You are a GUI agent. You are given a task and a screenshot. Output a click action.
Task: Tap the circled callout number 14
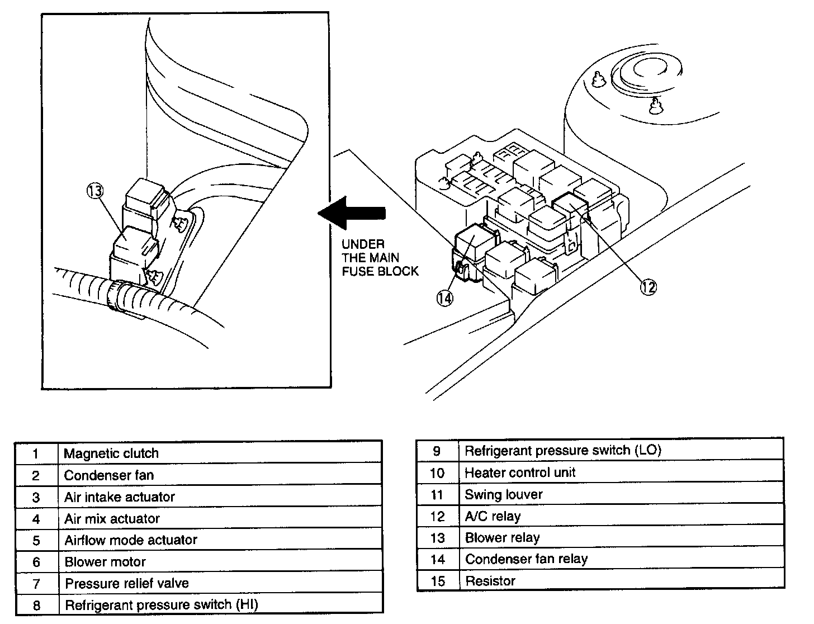(x=444, y=299)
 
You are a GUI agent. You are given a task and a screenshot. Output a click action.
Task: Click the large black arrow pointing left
(x=352, y=213)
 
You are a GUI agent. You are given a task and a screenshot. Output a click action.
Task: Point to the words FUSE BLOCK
(x=380, y=271)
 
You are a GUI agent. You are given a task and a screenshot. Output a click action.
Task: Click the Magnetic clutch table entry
(x=111, y=453)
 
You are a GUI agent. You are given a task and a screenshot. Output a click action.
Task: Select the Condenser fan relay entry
(x=526, y=559)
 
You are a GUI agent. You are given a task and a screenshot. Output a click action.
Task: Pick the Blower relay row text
(x=502, y=538)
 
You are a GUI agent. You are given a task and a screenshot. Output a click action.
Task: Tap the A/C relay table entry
(x=493, y=516)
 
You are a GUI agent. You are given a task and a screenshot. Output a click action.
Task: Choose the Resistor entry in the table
(x=490, y=581)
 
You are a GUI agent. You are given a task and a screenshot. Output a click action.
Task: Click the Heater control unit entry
(x=520, y=472)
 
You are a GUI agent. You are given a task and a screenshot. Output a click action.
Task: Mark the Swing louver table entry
(x=503, y=494)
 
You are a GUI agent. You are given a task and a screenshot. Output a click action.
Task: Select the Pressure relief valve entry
(x=127, y=584)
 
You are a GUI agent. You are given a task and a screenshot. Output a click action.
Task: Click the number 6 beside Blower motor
(x=36, y=562)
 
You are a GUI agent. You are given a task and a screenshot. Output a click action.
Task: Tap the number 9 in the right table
(x=437, y=451)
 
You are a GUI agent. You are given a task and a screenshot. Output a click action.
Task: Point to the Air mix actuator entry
(x=112, y=519)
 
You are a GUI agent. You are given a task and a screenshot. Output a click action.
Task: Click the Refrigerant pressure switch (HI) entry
(x=162, y=605)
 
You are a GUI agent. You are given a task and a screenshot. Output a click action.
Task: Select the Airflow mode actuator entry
(x=131, y=540)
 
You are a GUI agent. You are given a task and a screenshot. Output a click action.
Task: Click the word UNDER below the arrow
(x=363, y=244)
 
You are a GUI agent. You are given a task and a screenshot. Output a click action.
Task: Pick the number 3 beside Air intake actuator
(x=36, y=498)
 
